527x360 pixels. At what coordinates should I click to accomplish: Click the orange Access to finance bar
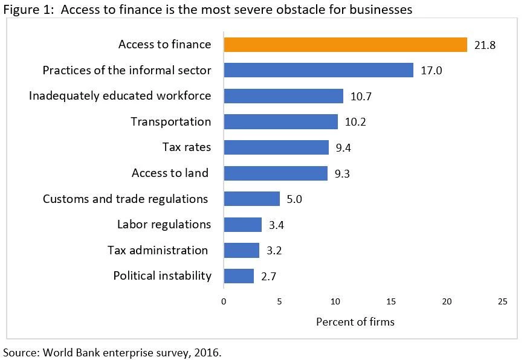[x=345, y=45]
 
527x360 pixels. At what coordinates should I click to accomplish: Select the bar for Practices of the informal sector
[x=318, y=70]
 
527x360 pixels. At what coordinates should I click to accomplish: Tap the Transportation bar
[x=280, y=122]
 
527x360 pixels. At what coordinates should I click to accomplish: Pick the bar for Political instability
[x=239, y=276]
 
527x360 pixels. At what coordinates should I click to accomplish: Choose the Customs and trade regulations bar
[x=251, y=199]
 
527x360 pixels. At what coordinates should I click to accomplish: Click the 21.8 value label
[x=485, y=45]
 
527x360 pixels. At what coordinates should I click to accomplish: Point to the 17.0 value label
[x=432, y=71]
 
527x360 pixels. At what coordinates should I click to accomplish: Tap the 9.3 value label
[x=342, y=174]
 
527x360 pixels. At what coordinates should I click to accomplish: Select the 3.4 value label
[x=277, y=225]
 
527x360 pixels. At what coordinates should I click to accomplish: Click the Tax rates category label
[x=187, y=147]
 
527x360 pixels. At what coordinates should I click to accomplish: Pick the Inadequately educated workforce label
[x=120, y=96]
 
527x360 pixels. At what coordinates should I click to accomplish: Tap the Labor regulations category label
[x=164, y=225]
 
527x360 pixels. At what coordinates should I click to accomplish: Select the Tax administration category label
[x=158, y=250]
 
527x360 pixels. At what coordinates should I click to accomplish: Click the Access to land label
[x=170, y=173]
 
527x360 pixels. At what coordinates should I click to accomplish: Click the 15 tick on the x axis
[x=391, y=301]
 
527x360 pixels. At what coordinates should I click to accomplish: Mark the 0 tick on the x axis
[x=224, y=301]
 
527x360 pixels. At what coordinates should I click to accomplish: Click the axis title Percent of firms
[x=355, y=322]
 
